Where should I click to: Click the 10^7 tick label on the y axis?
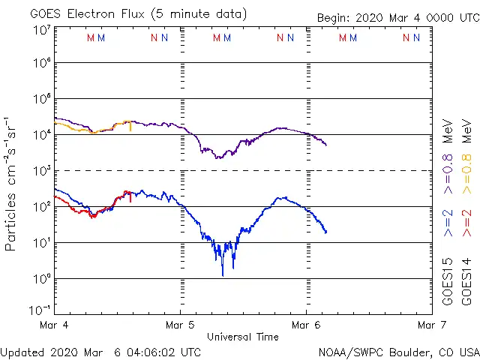41,29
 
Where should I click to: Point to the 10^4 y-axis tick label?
41,135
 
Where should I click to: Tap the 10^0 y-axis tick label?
41,279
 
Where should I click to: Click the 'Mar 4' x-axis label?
54,325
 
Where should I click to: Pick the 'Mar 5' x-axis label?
180,325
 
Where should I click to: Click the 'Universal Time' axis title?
243,337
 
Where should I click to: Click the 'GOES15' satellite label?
448,282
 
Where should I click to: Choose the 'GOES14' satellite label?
466,282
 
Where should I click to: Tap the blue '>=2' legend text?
448,223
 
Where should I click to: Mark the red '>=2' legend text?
466,223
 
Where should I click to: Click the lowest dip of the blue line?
222,275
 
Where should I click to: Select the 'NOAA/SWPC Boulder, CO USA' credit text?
398,352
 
